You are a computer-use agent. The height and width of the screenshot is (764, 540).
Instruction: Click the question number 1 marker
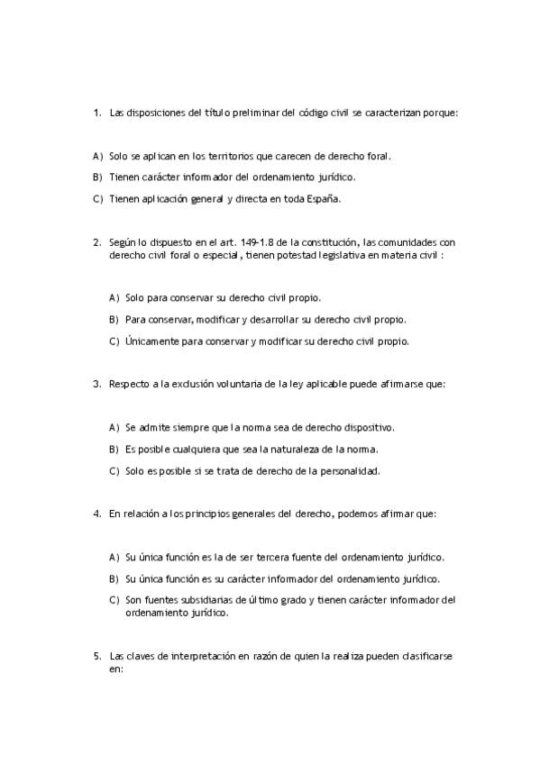(x=96, y=113)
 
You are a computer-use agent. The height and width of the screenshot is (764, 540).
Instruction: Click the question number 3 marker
(x=96, y=384)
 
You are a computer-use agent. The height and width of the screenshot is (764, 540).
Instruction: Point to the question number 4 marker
(x=96, y=514)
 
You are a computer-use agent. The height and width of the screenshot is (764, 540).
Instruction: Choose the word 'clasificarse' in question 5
(x=426, y=657)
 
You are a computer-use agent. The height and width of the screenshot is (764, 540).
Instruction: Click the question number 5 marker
(x=96, y=657)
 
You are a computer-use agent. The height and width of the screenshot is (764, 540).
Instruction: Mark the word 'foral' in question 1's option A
(x=379, y=156)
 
